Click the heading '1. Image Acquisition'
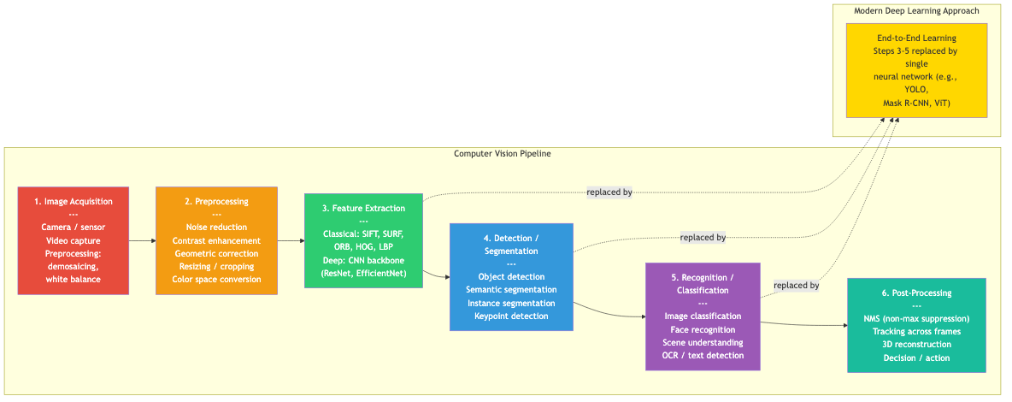pyautogui.click(x=73, y=201)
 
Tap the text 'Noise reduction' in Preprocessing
pyautogui.click(x=216, y=228)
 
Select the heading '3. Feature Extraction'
pyautogui.click(x=363, y=208)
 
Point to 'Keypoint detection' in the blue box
pyautogui.click(x=511, y=316)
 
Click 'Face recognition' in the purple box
pyautogui.click(x=703, y=329)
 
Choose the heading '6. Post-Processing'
pyautogui.click(x=916, y=293)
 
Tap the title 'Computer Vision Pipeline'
pyautogui.click(x=502, y=154)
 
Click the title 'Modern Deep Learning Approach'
pyautogui.click(x=916, y=11)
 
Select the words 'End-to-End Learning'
pyautogui.click(x=916, y=38)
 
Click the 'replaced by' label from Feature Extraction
pyautogui.click(x=609, y=192)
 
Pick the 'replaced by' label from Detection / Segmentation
pyautogui.click(x=703, y=238)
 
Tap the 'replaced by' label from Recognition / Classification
pyautogui.click(x=796, y=286)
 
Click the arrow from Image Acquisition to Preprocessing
pyautogui.click(x=142, y=241)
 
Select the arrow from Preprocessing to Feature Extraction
pyautogui.click(x=290, y=241)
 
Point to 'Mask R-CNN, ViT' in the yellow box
pyautogui.click(x=916, y=103)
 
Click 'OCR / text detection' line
pyautogui.click(x=703, y=356)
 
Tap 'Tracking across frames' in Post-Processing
pyautogui.click(x=916, y=332)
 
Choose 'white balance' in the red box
pyautogui.click(x=73, y=280)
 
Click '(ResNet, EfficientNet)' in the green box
pyautogui.click(x=363, y=273)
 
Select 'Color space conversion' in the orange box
pyautogui.click(x=216, y=280)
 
